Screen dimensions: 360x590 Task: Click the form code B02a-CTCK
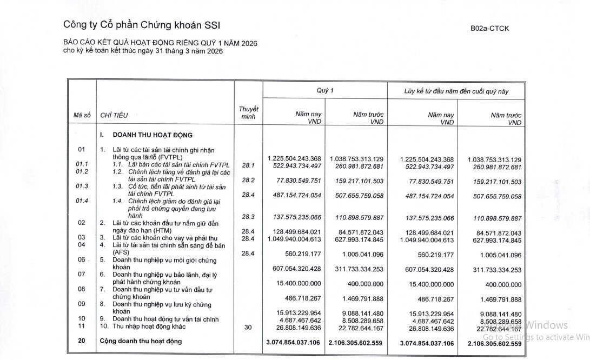tap(489, 28)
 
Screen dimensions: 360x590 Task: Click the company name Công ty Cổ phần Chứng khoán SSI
tap(142, 25)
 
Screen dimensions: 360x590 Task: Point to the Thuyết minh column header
tap(248, 112)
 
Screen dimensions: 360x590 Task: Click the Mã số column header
tap(82, 115)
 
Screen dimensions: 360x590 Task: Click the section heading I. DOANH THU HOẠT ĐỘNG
tap(146, 135)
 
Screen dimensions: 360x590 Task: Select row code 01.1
tap(82, 163)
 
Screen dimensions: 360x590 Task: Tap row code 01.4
tap(82, 201)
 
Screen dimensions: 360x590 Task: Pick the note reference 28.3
tap(248, 217)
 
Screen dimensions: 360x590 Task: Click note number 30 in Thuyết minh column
tap(248, 327)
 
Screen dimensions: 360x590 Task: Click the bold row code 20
tap(82, 342)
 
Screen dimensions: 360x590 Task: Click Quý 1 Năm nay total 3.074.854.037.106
tap(293, 343)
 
